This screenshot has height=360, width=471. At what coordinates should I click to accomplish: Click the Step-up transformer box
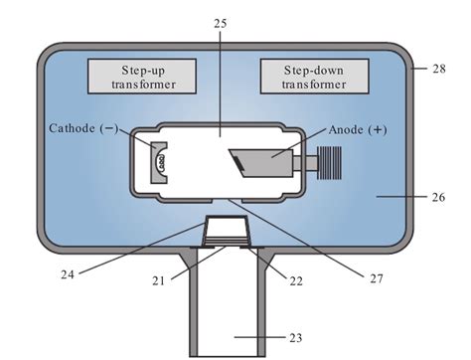142,77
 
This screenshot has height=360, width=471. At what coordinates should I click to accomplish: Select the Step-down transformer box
315,77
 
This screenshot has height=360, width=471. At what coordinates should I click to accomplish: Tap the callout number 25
221,24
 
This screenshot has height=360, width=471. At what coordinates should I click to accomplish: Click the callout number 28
439,69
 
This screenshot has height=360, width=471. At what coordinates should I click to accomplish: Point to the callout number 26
439,197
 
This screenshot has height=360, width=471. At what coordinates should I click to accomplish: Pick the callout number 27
377,278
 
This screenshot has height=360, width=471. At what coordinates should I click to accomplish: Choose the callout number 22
296,281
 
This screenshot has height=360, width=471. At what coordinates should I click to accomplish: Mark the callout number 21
158,281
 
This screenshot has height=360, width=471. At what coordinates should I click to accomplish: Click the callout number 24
68,274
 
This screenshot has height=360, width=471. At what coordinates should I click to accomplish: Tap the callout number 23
296,338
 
